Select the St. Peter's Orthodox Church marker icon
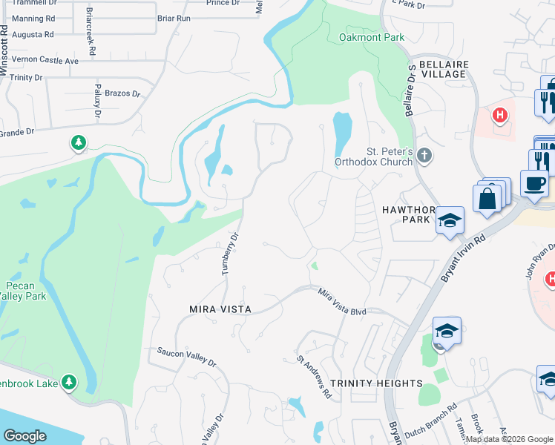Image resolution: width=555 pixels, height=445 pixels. (424, 156)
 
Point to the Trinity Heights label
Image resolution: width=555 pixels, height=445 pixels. (376, 383)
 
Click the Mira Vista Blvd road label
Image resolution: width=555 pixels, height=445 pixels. (343, 303)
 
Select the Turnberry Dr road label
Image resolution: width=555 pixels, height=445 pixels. (229, 255)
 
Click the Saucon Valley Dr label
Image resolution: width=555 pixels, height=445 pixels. (185, 357)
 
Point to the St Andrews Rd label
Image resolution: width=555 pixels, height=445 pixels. (314, 377)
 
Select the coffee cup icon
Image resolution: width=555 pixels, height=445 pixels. (533, 182)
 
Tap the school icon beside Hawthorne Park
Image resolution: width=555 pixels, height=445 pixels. (450, 220)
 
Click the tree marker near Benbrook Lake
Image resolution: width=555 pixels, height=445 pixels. (69, 382)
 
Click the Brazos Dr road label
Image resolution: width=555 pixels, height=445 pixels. (122, 94)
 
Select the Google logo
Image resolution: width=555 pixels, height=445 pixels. (25, 436)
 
